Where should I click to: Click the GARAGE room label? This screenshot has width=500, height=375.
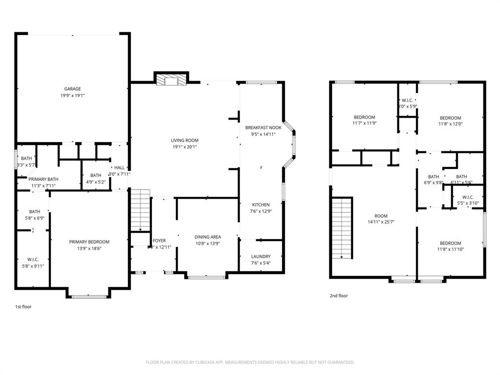coord(72,89)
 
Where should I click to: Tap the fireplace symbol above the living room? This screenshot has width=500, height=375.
coord(171,81)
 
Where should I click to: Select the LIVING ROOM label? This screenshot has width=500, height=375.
coord(184,140)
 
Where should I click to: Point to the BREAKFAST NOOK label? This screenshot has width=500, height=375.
coord(263,127)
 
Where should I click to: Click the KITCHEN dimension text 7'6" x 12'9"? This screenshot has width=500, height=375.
coord(261,211)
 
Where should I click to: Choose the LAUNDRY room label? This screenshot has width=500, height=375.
coord(261,256)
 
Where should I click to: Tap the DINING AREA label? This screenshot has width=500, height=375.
coord(208,237)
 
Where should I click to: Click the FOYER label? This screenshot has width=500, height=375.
coord(159,241)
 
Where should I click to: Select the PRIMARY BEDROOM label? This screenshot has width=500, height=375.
coord(89,242)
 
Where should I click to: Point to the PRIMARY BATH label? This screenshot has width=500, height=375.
coord(43,179)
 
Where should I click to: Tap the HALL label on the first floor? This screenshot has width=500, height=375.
coord(119,167)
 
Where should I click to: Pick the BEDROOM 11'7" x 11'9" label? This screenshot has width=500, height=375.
coord(364,117)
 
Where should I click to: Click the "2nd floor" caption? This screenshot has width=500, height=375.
coord(338,295)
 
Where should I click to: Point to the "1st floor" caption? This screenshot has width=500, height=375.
coord(23,307)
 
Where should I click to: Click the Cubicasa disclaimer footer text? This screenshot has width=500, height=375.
coord(250,362)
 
